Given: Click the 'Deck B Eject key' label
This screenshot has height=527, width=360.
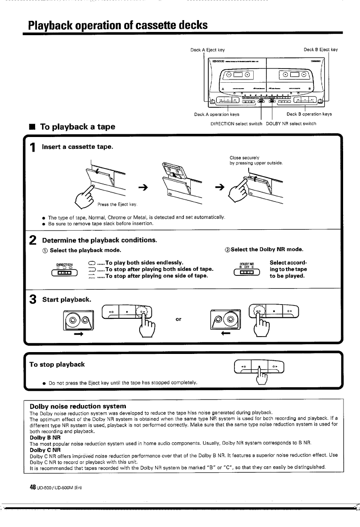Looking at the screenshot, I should pyautogui.click(x=320, y=49).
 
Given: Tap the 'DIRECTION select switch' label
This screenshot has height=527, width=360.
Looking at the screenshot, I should pyautogui.click(x=236, y=123).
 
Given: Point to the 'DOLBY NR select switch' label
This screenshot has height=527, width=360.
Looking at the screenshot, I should pyautogui.click(x=291, y=123).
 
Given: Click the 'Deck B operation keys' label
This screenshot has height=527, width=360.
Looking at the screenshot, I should pyautogui.click(x=309, y=115).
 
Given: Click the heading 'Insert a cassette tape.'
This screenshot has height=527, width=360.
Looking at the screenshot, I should pyautogui.click(x=77, y=147).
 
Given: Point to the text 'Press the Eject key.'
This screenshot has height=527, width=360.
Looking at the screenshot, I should pyautogui.click(x=119, y=204).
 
